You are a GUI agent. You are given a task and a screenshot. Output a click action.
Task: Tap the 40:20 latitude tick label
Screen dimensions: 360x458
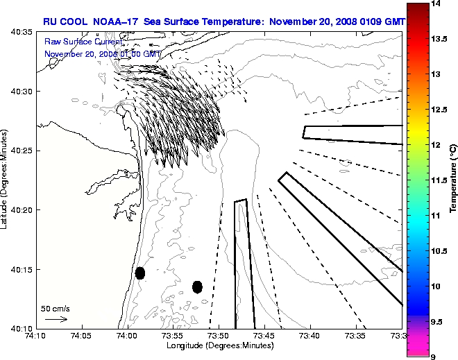coord(23,210)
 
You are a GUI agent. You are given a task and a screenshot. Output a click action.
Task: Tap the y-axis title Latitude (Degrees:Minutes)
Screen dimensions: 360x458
coord(6,180)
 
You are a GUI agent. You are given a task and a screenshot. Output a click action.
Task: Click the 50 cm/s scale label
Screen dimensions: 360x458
coord(56,308)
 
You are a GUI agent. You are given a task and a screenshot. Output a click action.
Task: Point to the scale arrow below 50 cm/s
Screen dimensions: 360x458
coord(56,319)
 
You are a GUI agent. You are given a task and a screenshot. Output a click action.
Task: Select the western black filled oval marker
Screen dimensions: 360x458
coord(139,273)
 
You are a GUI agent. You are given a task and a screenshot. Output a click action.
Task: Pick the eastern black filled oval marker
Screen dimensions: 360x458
coord(197,286)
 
